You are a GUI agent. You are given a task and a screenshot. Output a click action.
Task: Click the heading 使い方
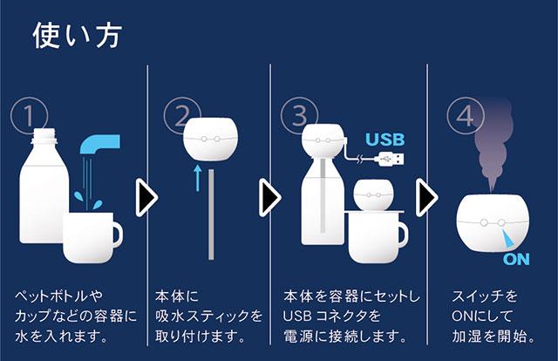point(78,35)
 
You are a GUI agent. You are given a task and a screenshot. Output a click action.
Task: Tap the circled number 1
point(29,116)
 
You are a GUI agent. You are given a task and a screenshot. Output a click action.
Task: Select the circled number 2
point(182,116)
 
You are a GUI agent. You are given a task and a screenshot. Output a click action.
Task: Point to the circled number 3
point(299,116)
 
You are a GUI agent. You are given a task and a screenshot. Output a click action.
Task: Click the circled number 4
point(466,116)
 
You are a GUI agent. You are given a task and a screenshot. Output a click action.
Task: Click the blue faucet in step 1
point(100,144)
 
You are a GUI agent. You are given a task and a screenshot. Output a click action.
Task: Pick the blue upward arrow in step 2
point(198,178)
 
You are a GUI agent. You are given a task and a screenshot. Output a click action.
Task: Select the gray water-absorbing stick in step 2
point(211,215)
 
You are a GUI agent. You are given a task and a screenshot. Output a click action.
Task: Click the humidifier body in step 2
point(211,138)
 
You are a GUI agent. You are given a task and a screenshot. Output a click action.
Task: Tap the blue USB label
point(385,140)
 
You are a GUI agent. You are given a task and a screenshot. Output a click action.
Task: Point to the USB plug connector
point(391,159)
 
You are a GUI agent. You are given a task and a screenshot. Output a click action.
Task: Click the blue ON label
point(516,259)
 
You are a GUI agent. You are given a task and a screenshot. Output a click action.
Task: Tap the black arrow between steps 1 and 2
point(146,198)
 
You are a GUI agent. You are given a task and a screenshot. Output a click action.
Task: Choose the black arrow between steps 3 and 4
point(427,198)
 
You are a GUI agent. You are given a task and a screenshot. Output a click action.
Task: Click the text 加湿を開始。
point(493,337)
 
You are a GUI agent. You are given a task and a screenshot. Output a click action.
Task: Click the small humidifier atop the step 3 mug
point(374,194)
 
